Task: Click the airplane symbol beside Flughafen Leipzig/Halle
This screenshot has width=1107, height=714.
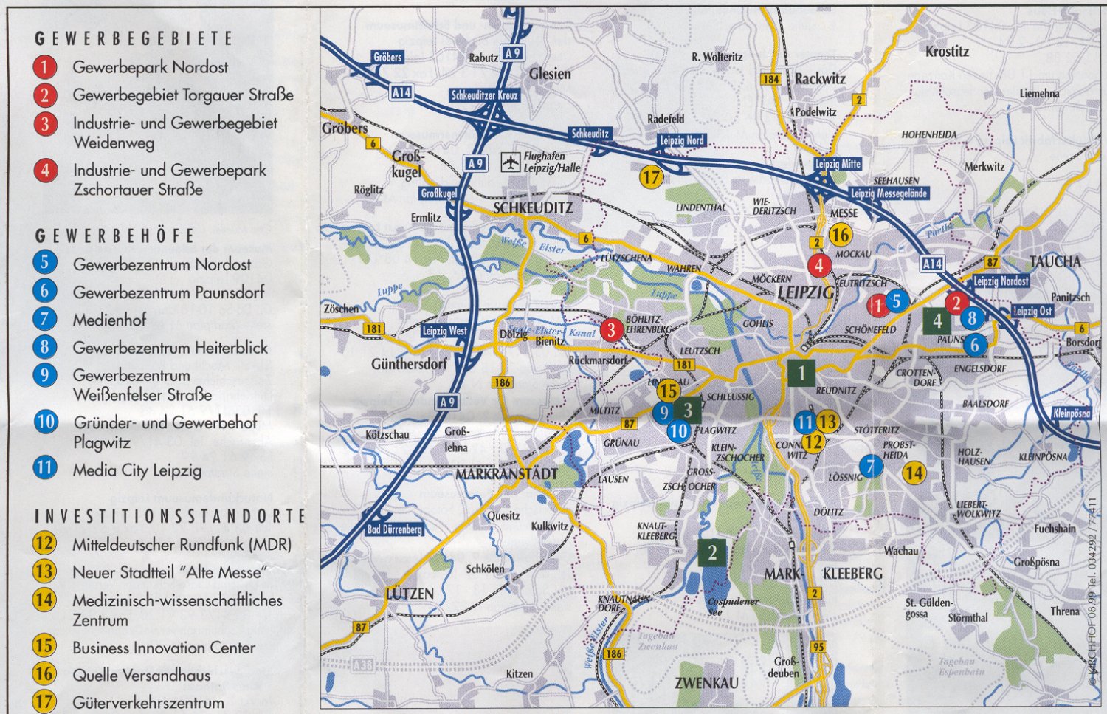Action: point(511,162)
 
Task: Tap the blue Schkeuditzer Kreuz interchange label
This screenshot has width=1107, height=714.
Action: point(486,95)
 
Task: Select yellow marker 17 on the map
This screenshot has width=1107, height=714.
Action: point(650,176)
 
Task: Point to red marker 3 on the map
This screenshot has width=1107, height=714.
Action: point(611,330)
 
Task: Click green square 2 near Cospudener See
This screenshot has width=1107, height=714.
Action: point(712,552)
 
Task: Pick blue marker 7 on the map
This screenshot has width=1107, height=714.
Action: point(871,467)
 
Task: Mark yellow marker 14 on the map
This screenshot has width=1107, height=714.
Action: point(914,473)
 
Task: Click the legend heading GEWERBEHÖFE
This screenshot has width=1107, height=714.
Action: point(115,236)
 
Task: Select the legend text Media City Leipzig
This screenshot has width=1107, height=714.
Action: point(137,470)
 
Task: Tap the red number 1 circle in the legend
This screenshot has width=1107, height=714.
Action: point(44,67)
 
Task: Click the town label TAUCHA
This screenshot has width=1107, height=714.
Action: point(1055,261)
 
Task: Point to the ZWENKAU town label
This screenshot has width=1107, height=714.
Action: point(706,683)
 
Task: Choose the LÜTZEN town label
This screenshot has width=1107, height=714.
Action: point(410,594)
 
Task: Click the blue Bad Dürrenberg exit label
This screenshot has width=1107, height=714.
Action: point(394,529)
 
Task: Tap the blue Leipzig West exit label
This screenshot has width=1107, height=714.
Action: point(444,331)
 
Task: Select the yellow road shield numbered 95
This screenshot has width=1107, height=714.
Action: point(818,647)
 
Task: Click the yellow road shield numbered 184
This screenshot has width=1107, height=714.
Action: point(770,79)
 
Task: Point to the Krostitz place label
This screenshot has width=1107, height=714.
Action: point(947,52)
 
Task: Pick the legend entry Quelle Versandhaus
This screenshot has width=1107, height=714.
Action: point(141,675)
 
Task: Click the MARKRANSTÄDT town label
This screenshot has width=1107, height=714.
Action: point(506,473)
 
